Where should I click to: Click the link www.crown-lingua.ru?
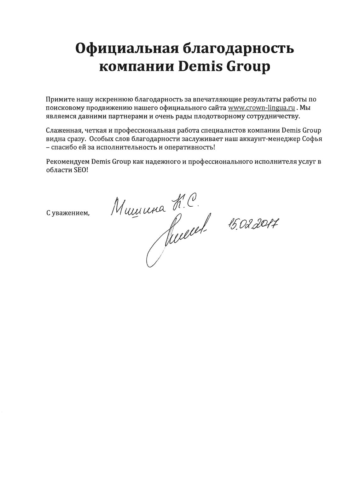[x=261, y=108]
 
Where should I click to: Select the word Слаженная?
[x=62, y=131]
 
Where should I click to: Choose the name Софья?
[x=312, y=139]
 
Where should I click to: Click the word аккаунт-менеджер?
[x=268, y=139]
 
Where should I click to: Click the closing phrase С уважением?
[x=68, y=213]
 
